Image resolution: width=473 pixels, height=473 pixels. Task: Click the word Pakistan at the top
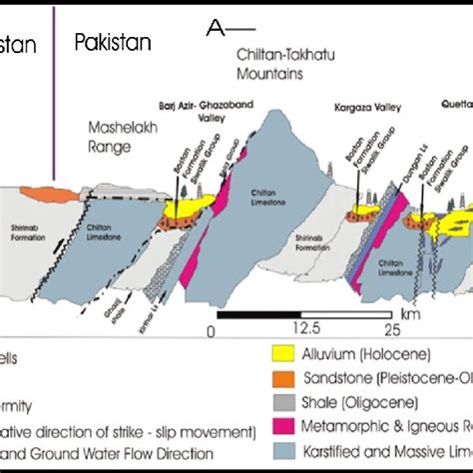point(113,41)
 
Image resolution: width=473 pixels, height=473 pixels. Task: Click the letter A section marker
point(213,28)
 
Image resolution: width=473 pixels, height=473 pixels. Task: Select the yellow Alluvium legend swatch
point(285,354)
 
